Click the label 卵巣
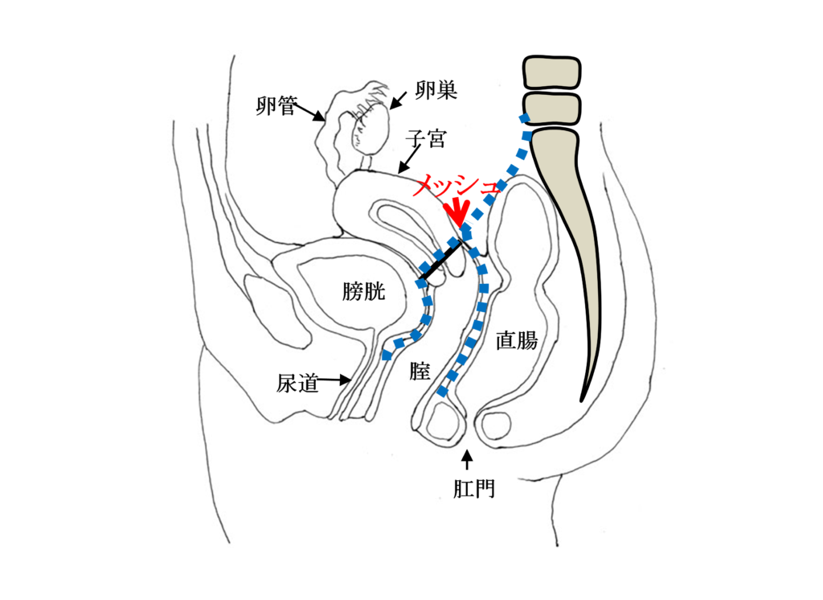[436, 91]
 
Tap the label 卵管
[277, 107]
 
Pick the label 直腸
[516, 341]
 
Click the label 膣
[420, 372]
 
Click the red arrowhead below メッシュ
[458, 216]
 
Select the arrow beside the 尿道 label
[337, 380]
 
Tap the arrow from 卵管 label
[312, 113]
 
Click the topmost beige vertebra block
[551, 72]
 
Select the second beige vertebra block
[551, 109]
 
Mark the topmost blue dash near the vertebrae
[525, 120]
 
